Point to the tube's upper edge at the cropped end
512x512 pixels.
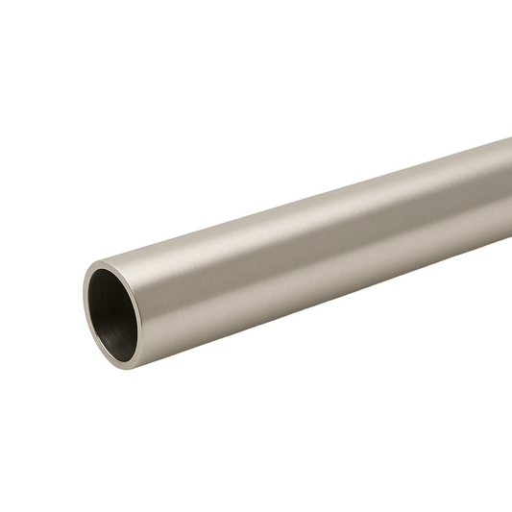[508, 140]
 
